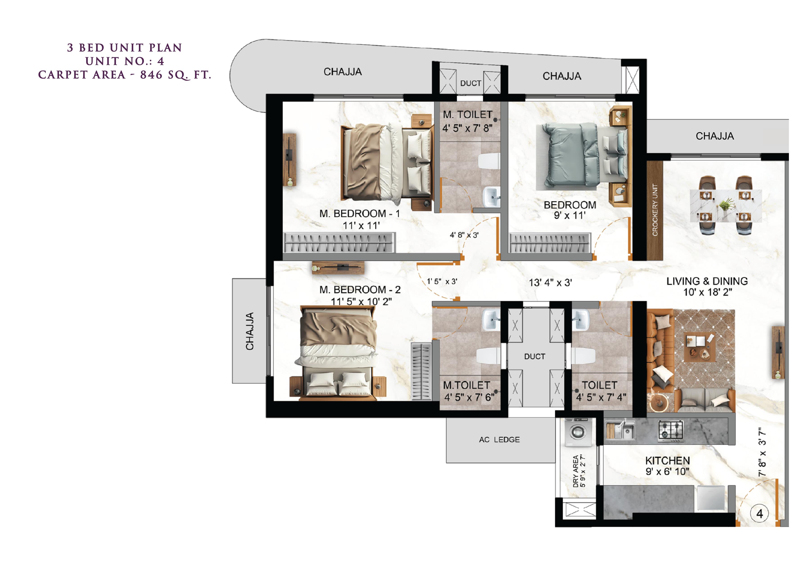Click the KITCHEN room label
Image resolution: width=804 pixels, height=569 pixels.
pos(667,460)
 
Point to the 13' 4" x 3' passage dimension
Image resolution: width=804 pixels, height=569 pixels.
pos(550,283)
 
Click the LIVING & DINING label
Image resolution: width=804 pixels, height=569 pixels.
pos(707,281)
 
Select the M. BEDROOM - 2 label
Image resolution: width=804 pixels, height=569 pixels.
pos(360,290)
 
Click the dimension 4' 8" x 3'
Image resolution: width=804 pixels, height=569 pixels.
pos(464,235)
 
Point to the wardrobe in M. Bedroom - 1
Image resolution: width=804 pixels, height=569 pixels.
pos(339,242)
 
